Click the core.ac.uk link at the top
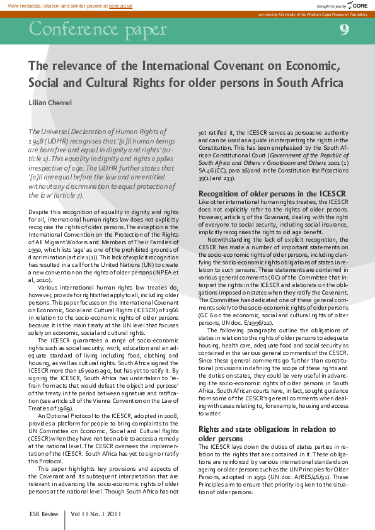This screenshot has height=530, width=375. [x=121, y=5]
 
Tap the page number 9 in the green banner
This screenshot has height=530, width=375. [x=344, y=29]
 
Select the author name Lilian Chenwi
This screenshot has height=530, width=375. [x=50, y=103]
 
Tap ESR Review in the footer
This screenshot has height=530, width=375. [x=44, y=514]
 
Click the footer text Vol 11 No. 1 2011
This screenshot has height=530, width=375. [x=96, y=514]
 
